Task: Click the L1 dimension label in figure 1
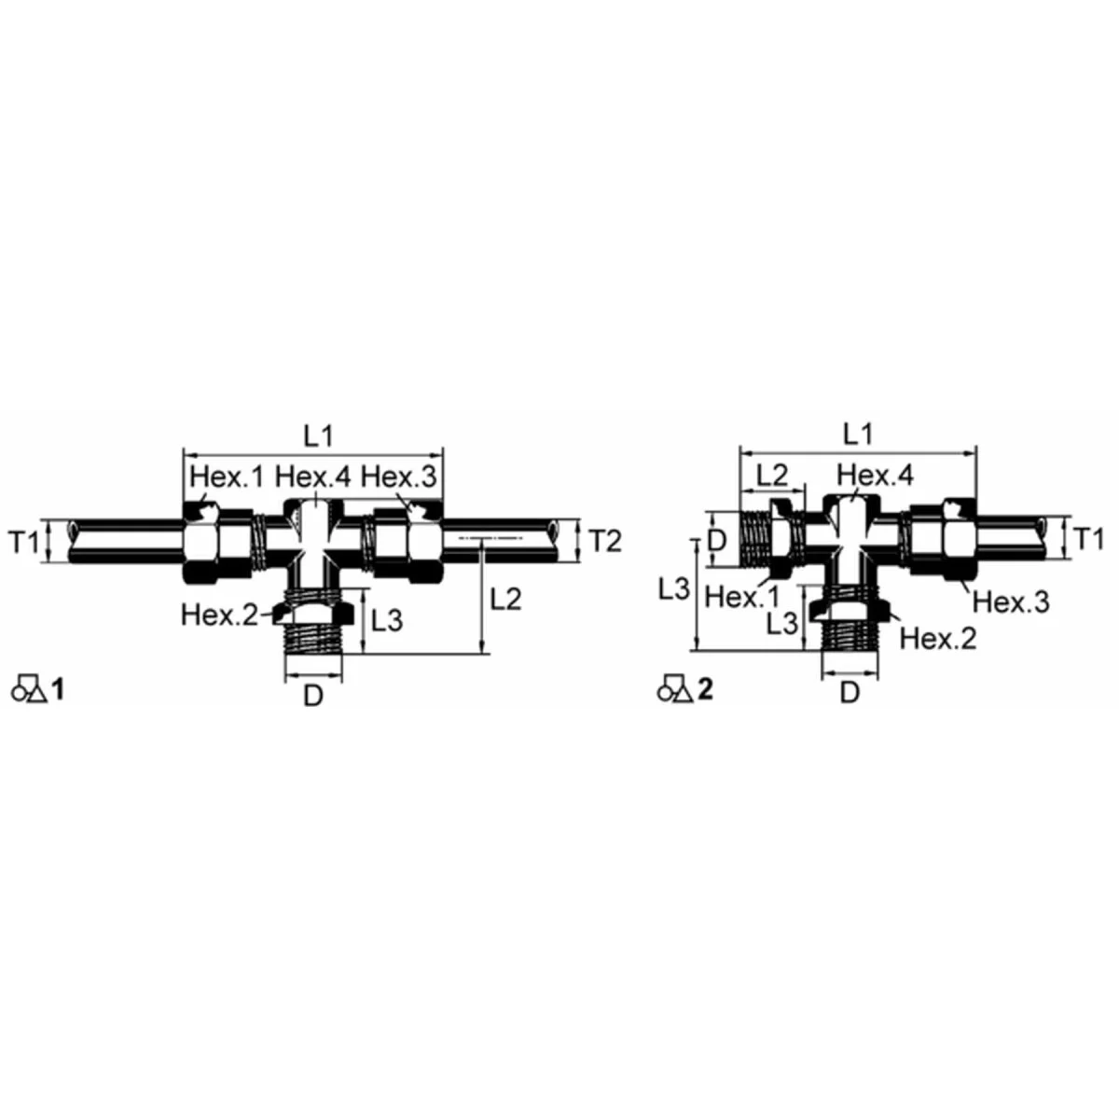(317, 435)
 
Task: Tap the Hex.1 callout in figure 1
(228, 477)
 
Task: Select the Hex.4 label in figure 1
(313, 477)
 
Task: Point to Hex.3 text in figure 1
(398, 477)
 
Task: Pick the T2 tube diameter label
(606, 540)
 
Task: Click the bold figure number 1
(59, 690)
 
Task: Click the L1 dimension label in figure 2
(857, 435)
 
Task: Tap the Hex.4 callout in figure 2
(876, 476)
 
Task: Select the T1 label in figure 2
(1088, 539)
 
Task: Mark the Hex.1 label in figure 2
(742, 597)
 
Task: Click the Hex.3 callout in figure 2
(1012, 602)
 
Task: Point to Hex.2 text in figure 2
(939, 639)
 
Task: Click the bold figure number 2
(705, 690)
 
